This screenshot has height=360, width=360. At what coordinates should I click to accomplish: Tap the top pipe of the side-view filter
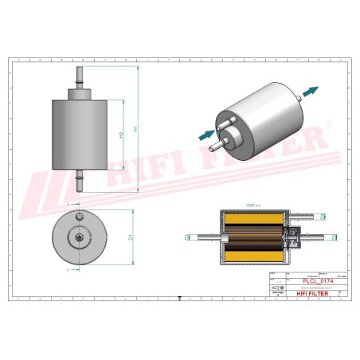click(79, 77)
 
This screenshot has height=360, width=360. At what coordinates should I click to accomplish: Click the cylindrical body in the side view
click(79, 133)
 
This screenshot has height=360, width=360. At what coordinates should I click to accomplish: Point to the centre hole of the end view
click(79, 237)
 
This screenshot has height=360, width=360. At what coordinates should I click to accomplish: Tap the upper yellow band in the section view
click(249, 220)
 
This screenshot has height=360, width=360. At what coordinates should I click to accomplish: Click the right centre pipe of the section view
click(312, 237)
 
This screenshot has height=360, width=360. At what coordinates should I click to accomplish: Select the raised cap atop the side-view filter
click(79, 93)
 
